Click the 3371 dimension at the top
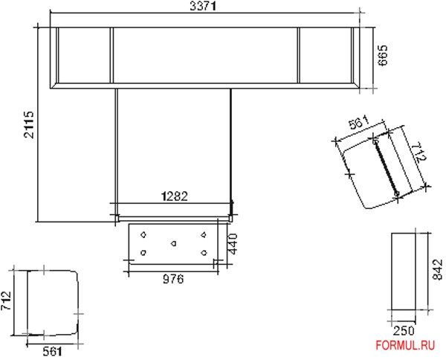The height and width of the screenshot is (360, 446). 204,7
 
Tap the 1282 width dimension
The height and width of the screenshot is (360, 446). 175,196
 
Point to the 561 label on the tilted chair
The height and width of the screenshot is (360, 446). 359,125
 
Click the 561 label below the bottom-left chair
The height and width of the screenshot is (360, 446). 52,351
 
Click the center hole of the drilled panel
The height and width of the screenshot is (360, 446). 173,243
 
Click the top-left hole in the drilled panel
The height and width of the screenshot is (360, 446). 143,235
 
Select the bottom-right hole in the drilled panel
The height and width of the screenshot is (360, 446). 204,253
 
